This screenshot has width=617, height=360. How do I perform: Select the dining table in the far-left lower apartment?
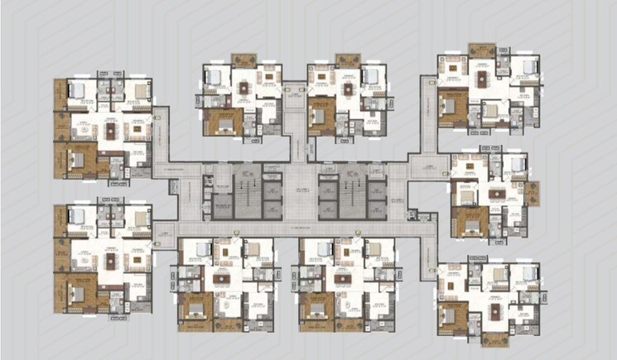(111, 260)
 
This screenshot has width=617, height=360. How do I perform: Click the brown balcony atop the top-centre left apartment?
(243, 60)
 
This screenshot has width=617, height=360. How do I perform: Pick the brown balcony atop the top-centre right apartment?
(346, 60)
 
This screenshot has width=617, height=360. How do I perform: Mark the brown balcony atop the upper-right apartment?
(480, 50)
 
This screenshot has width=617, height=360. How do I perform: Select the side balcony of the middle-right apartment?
(530, 193)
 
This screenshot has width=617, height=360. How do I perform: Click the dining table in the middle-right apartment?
(497, 194)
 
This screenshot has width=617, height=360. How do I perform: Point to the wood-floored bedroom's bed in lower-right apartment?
(453, 314)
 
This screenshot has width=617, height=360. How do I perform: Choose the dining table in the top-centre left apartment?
(243, 86)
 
